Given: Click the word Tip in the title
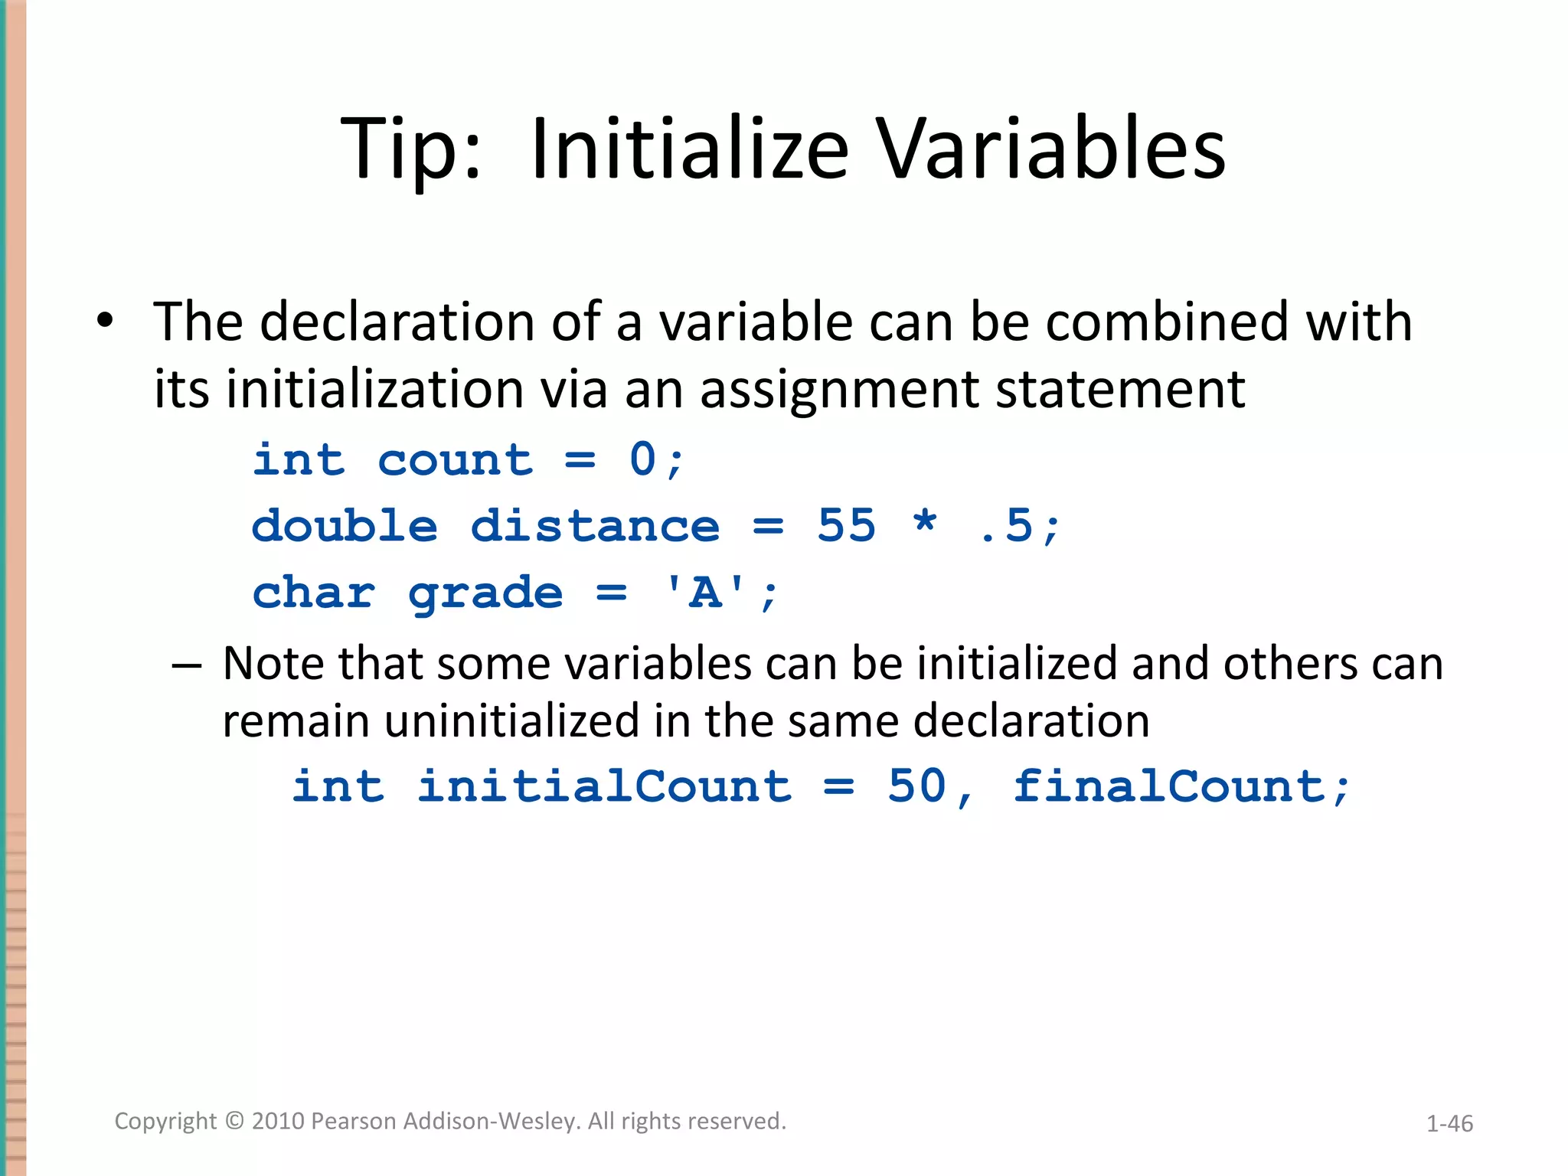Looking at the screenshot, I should [x=398, y=149].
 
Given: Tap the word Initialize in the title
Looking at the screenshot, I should [x=689, y=149].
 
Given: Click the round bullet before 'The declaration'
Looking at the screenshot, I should [x=105, y=321].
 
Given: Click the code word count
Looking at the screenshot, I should [x=455, y=460].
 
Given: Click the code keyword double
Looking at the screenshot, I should [x=345, y=527].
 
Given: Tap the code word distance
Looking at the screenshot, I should [x=595, y=527].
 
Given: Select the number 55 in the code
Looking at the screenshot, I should [x=846, y=526].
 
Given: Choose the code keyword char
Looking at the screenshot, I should [x=314, y=593].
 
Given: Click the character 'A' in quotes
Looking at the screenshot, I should [x=705, y=593].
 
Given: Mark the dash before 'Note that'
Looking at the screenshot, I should [x=187, y=665].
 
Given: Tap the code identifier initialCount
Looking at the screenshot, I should [x=604, y=787].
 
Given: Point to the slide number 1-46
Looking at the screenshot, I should [x=1449, y=1123].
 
